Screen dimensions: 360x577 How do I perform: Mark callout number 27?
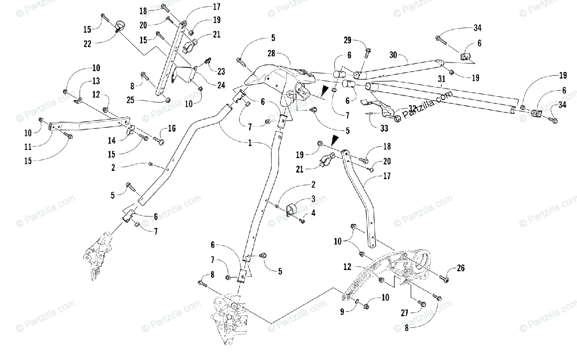click(x=405, y=313)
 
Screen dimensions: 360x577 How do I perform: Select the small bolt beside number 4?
click(x=302, y=221)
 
